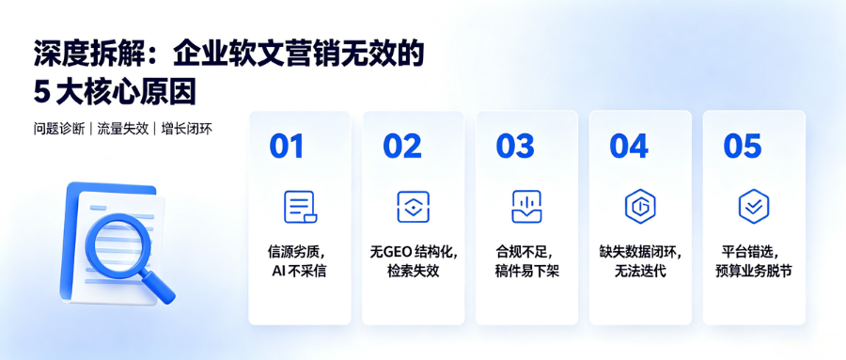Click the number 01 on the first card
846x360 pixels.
287,146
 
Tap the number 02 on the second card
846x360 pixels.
402,146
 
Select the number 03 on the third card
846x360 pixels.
515,146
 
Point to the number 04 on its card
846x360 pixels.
629,146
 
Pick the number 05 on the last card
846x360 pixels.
743,146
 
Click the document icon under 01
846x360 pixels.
300,207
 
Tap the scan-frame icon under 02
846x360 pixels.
413,207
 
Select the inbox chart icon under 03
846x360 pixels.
526,207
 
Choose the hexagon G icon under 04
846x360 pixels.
640,206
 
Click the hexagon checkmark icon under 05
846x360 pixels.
754,206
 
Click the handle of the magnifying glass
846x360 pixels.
158,286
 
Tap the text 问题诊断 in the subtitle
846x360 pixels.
59,130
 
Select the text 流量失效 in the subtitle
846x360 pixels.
123,130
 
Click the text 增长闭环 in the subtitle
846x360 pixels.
187,130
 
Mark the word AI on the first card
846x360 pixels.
278,271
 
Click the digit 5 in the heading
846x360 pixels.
41,93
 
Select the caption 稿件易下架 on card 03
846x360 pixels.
526,271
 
